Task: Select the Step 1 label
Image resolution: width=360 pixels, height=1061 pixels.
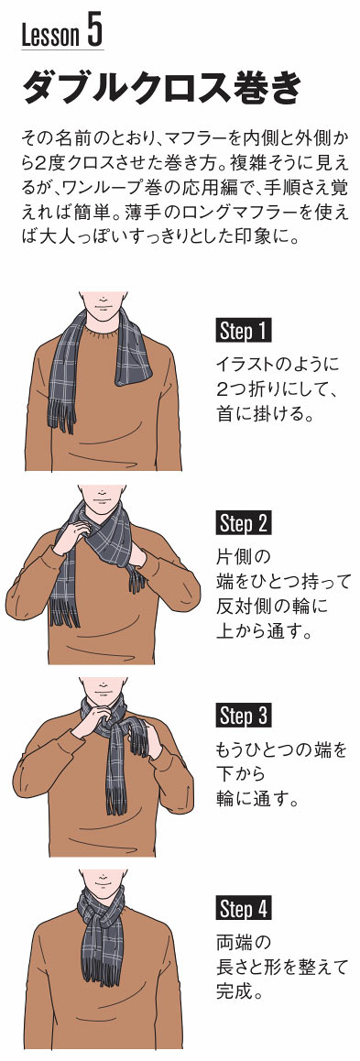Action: (x=245, y=332)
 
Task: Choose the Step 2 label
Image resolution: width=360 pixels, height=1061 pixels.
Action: (x=245, y=524)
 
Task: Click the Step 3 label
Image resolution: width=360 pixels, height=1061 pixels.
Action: (x=245, y=716)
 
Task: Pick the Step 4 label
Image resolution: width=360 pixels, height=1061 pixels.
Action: (x=245, y=908)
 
